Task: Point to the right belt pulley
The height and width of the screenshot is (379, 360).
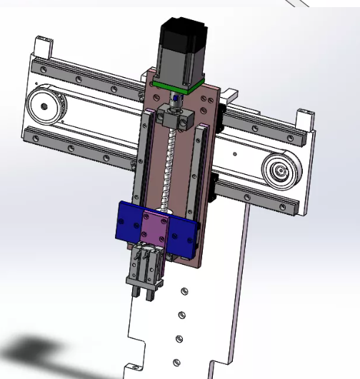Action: [x=280, y=171]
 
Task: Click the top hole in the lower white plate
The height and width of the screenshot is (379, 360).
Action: [x=184, y=292]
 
